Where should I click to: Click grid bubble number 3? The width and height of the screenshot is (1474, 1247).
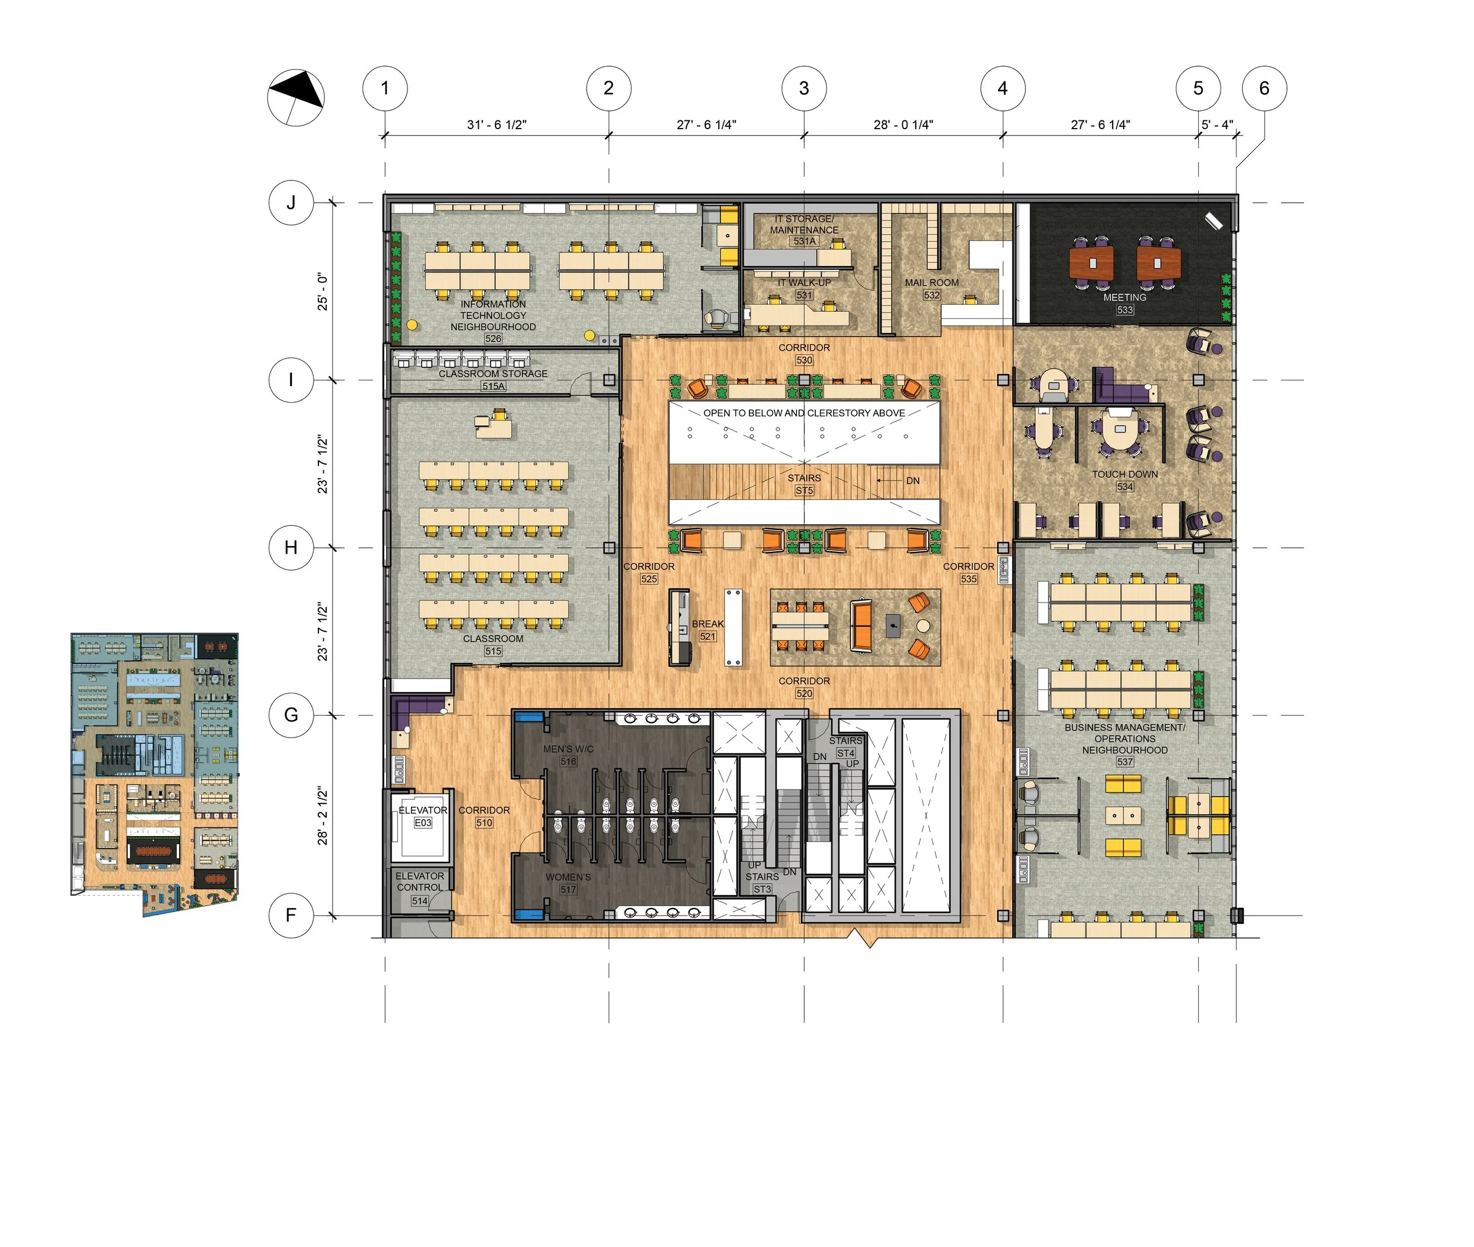[804, 88]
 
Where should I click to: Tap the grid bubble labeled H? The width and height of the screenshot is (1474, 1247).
[291, 547]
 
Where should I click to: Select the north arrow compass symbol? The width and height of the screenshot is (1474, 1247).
[295, 97]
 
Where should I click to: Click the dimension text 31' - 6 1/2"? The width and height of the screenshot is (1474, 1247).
[496, 125]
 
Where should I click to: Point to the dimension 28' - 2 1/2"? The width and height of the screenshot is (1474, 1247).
[323, 815]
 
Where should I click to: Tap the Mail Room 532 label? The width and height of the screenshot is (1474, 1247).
[932, 288]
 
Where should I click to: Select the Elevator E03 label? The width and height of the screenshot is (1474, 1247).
[423, 816]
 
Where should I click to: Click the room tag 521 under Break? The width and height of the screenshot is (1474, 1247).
[707, 636]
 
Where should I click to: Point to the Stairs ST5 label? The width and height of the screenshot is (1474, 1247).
[804, 484]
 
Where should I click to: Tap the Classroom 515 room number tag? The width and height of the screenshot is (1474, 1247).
[493, 651]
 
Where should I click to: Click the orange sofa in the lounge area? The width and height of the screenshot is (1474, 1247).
[860, 625]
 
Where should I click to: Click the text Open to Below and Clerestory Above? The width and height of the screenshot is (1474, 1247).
[804, 413]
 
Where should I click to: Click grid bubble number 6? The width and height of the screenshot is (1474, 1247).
[1264, 88]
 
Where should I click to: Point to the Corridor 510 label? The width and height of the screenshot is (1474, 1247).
[483, 816]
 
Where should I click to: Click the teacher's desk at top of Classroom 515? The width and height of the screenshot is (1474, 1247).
[494, 426]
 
